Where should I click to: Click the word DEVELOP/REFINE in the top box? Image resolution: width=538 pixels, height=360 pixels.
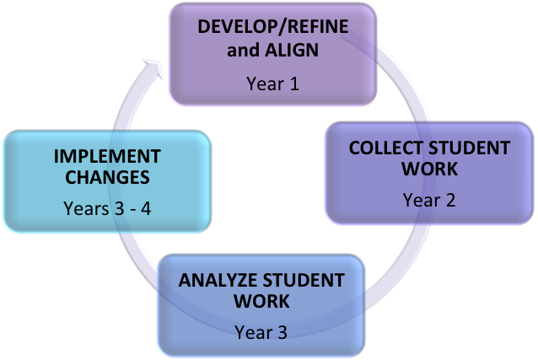pos(272,26)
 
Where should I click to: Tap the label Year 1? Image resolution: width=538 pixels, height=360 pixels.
pos(272,83)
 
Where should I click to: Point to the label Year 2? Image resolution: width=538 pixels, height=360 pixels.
pos(428,200)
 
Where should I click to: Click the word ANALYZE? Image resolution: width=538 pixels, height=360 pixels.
pos(219,280)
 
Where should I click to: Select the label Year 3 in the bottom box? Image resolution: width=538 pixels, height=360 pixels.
pos(261,331)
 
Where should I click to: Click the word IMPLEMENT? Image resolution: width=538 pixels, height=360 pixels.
pos(106,156)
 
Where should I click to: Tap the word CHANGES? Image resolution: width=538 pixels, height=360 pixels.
pos(106,178)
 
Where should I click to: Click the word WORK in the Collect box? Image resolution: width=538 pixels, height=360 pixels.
pos(429,169)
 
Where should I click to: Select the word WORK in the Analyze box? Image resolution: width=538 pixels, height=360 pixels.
pos(261,301)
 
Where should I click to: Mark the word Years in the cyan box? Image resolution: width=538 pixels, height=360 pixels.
pos(85,207)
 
